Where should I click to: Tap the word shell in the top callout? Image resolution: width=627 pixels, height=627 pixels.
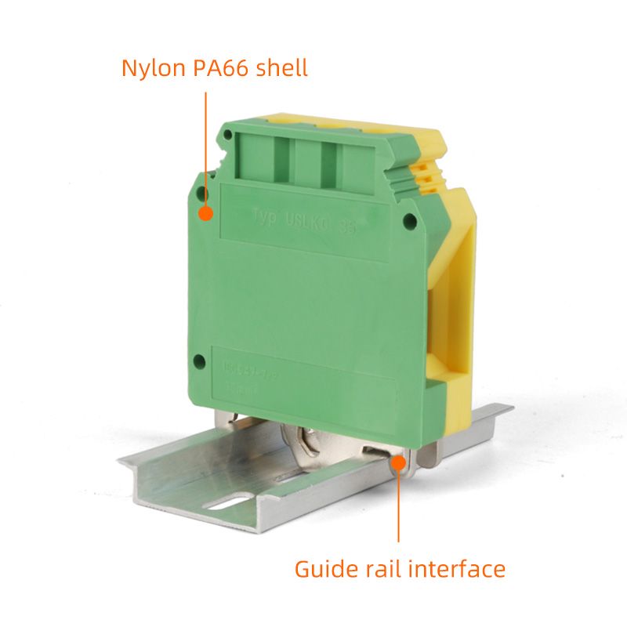[283, 67]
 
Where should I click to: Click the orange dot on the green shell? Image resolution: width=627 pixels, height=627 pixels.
[206, 212]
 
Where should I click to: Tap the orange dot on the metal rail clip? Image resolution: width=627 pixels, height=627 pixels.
[399, 463]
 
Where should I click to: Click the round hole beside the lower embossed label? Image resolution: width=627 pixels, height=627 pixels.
[199, 361]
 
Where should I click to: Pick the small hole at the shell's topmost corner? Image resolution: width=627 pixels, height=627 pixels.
[227, 136]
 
